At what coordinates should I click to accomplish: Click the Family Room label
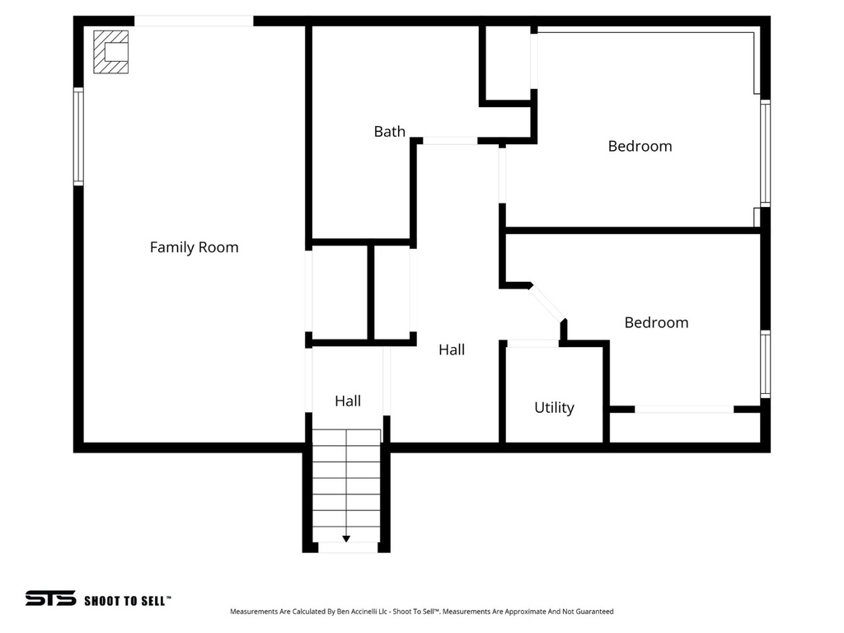pyautogui.click(x=194, y=247)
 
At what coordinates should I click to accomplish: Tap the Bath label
pyautogui.click(x=389, y=131)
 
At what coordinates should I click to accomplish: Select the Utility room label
pyautogui.click(x=554, y=407)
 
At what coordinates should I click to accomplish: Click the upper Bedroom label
pyautogui.click(x=640, y=146)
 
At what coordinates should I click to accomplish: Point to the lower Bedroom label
pyautogui.click(x=656, y=322)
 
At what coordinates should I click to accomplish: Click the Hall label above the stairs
pyautogui.click(x=347, y=401)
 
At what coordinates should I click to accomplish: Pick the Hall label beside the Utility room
pyautogui.click(x=451, y=349)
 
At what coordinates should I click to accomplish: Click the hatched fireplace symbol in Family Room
pyautogui.click(x=110, y=52)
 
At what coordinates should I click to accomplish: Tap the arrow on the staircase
pyautogui.click(x=346, y=538)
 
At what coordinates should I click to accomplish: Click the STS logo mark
pyautogui.click(x=50, y=598)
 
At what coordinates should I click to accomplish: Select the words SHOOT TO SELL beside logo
pyautogui.click(x=127, y=601)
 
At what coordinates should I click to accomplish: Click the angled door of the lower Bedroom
pyautogui.click(x=547, y=303)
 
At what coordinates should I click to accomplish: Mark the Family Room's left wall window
pyautogui.click(x=78, y=136)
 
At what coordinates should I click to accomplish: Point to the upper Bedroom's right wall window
pyautogui.click(x=765, y=152)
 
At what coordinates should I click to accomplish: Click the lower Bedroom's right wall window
pyautogui.click(x=765, y=364)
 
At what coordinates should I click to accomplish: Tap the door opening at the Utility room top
pyautogui.click(x=532, y=343)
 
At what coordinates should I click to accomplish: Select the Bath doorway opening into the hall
pyautogui.click(x=449, y=141)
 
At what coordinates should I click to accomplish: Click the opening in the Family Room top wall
pyautogui.click(x=194, y=21)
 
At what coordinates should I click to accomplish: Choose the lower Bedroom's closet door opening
pyautogui.click(x=684, y=409)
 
